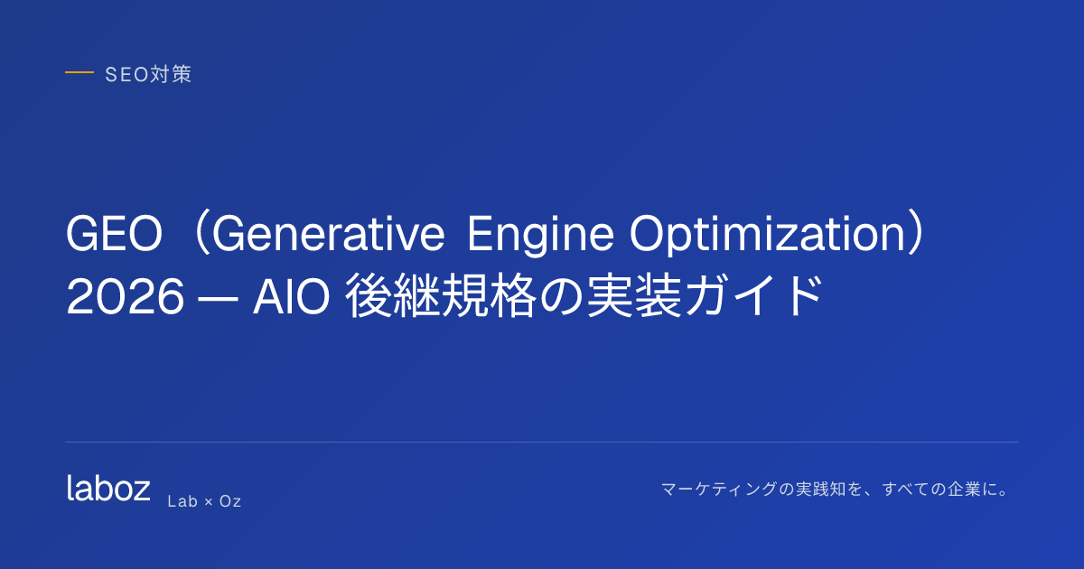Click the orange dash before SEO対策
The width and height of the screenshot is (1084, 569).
79,72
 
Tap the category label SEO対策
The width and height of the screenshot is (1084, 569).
148,74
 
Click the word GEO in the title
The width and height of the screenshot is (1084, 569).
114,234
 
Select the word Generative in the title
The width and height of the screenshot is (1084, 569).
329,234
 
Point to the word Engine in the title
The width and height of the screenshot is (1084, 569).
540,237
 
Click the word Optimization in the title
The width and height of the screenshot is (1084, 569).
768,236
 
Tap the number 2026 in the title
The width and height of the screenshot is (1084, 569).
126,296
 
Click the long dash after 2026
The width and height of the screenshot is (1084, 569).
219,298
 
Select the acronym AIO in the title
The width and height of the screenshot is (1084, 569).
291,296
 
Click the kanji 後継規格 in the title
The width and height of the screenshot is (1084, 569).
441,295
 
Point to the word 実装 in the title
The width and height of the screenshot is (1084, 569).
634,295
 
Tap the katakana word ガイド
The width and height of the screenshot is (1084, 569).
753,295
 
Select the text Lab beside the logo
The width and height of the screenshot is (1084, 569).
182,501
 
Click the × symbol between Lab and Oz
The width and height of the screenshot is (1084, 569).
209,502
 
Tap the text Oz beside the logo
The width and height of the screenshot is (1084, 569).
229,501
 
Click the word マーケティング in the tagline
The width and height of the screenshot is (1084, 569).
719,490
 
